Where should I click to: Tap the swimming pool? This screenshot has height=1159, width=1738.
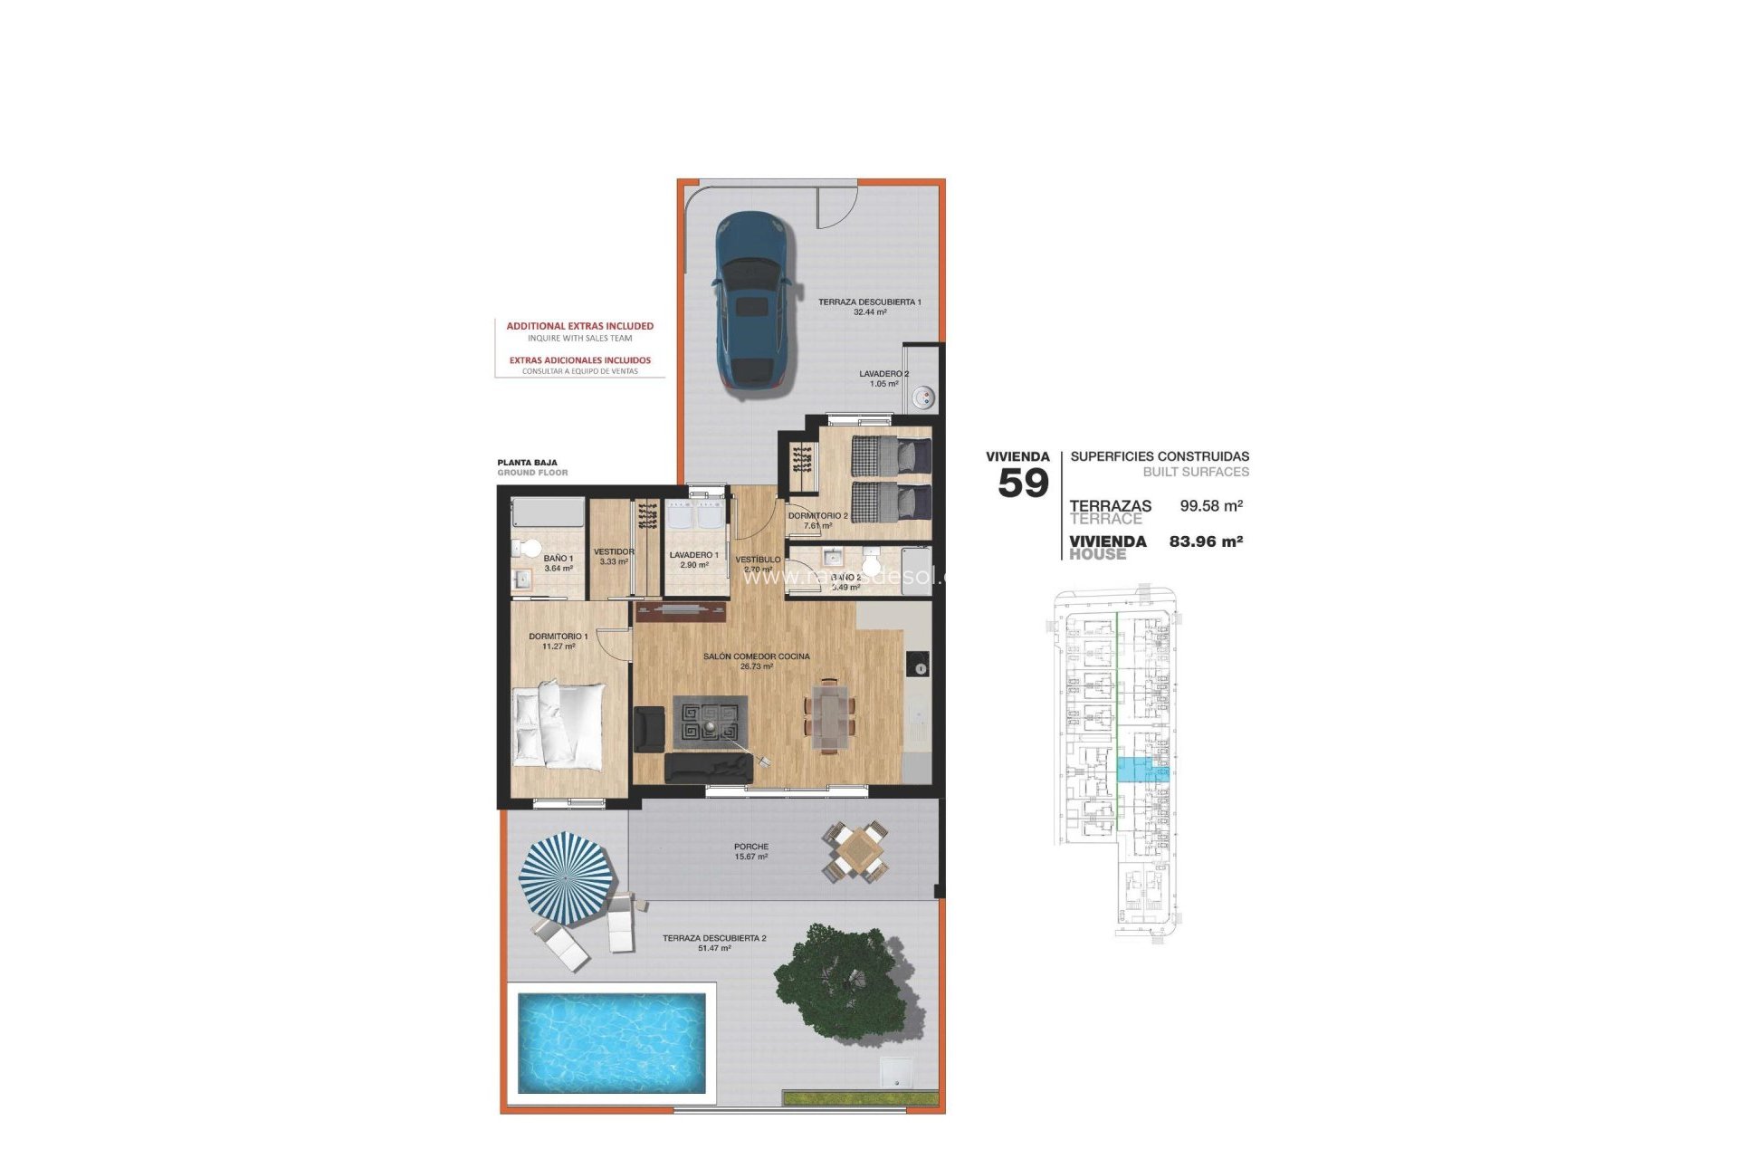click(611, 1042)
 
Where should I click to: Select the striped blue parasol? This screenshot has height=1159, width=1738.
click(567, 877)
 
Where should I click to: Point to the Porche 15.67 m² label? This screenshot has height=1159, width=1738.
click(751, 852)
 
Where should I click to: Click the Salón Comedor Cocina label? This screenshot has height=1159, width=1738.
click(756, 661)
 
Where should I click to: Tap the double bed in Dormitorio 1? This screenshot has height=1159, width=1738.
click(558, 725)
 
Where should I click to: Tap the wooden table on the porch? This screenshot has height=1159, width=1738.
click(855, 851)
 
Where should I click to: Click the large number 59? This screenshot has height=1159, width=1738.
click(1023, 484)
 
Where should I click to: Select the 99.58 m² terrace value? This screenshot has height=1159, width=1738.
click(1210, 506)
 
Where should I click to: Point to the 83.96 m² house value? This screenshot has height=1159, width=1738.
click(1205, 541)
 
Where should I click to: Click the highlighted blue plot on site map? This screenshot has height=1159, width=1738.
click(1142, 771)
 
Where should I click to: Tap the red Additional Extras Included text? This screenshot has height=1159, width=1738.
click(579, 326)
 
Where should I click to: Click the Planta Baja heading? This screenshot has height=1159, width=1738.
click(527, 463)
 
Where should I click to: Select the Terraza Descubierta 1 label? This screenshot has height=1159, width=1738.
click(869, 302)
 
